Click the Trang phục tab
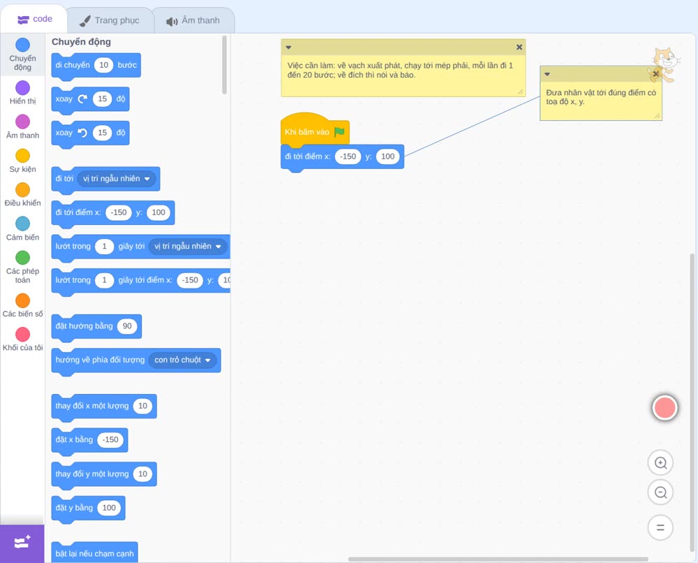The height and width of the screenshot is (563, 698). click(x=110, y=20)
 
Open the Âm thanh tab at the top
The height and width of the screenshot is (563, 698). click(x=193, y=20)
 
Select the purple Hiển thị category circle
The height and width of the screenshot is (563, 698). click(x=23, y=88)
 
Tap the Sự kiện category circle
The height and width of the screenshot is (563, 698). click(x=23, y=156)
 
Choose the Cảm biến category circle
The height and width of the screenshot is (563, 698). click(x=23, y=224)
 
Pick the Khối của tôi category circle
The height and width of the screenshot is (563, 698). click(x=23, y=334)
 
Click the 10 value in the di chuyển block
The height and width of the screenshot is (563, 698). click(x=104, y=65)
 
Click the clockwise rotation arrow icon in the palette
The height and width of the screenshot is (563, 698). click(x=82, y=99)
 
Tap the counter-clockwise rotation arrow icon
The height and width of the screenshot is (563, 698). click(x=82, y=133)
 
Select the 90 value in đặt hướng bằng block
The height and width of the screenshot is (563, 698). click(x=127, y=326)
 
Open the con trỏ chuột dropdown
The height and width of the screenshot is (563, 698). click(x=182, y=360)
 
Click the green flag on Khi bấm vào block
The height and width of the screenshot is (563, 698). click(x=340, y=132)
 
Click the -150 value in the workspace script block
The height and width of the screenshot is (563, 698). click(x=348, y=156)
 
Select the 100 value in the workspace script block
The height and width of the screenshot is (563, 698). click(x=387, y=156)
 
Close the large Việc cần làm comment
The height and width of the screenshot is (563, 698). click(x=519, y=47)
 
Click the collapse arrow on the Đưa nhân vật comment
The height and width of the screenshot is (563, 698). click(x=547, y=74)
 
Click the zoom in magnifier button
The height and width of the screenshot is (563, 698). click(x=660, y=463)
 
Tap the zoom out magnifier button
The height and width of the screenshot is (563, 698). click(x=660, y=492)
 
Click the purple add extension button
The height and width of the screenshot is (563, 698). click(x=22, y=543)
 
